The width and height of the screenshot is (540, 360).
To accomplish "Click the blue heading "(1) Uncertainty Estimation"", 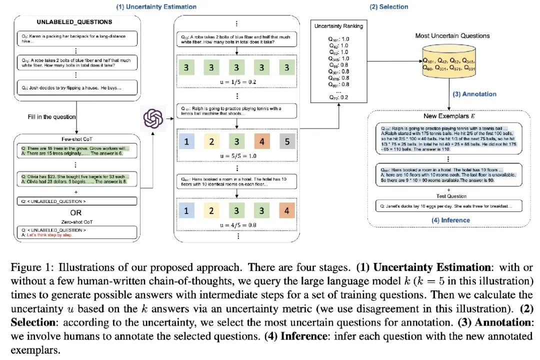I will [156, 7].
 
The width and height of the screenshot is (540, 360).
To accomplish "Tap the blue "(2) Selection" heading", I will [388, 7].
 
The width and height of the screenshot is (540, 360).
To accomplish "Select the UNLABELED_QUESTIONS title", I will [74, 22].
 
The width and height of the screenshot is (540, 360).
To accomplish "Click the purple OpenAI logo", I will [153, 119].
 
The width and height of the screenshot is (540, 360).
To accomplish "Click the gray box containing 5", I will [287, 141].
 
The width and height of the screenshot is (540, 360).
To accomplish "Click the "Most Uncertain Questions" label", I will [452, 36].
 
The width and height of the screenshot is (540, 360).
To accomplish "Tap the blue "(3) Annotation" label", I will [474, 94].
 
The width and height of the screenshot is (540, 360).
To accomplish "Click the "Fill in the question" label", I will [52, 117].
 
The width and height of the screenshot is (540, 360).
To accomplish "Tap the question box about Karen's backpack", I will [74, 38].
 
